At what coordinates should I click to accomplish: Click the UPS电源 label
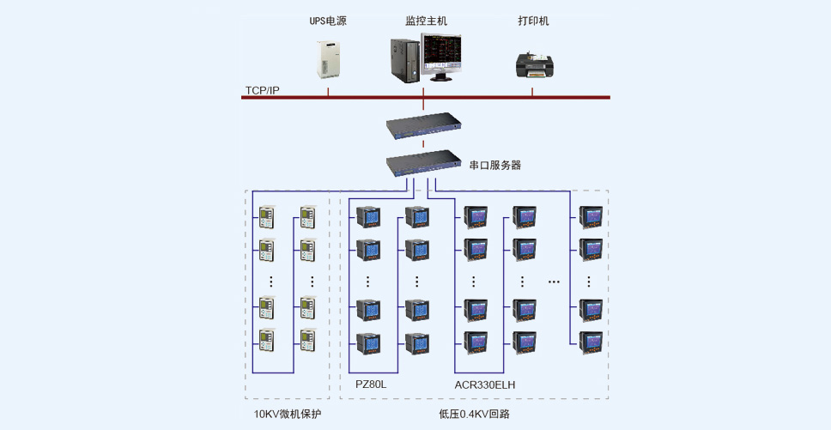tap(328, 21)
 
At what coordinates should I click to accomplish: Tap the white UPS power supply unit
tap(328, 59)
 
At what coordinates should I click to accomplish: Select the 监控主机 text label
tap(426, 21)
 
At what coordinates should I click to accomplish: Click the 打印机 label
tap(533, 21)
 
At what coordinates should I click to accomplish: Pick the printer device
tap(534, 65)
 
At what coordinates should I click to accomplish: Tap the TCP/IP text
tap(262, 91)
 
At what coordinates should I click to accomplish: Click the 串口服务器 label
tap(495, 166)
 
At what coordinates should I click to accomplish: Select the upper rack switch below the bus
tap(423, 126)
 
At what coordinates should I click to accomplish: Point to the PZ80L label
tap(371, 385)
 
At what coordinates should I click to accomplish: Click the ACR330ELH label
tap(485, 385)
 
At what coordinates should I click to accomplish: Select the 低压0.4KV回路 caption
tap(475, 414)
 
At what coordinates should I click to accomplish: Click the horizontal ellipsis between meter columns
tap(554, 282)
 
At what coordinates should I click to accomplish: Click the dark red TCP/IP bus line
tap(426, 98)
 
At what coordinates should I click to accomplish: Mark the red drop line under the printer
tap(532, 92)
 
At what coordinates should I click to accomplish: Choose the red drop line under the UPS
tap(328, 92)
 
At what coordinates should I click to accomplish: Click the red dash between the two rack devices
tap(423, 144)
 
